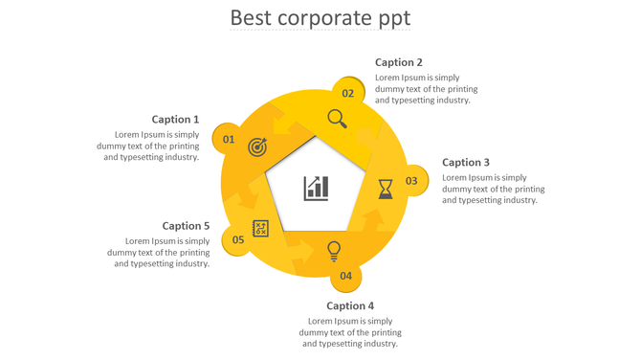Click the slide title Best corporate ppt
(320, 18)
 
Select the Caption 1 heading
(175, 120)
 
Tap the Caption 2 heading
(398, 62)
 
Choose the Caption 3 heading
(466, 163)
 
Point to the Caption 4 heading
(350, 306)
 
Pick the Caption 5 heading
(186, 226)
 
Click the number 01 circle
(229, 140)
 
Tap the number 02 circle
(348, 93)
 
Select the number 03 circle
(411, 181)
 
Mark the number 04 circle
(345, 276)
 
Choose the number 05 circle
(237, 240)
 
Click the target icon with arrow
(257, 147)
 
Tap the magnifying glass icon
(337, 119)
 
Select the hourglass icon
(385, 189)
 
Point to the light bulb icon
(334, 251)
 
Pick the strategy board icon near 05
(260, 228)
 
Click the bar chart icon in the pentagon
(316, 188)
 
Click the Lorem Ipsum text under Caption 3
(493, 189)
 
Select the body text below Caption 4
(350, 332)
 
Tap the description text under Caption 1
(148, 146)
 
